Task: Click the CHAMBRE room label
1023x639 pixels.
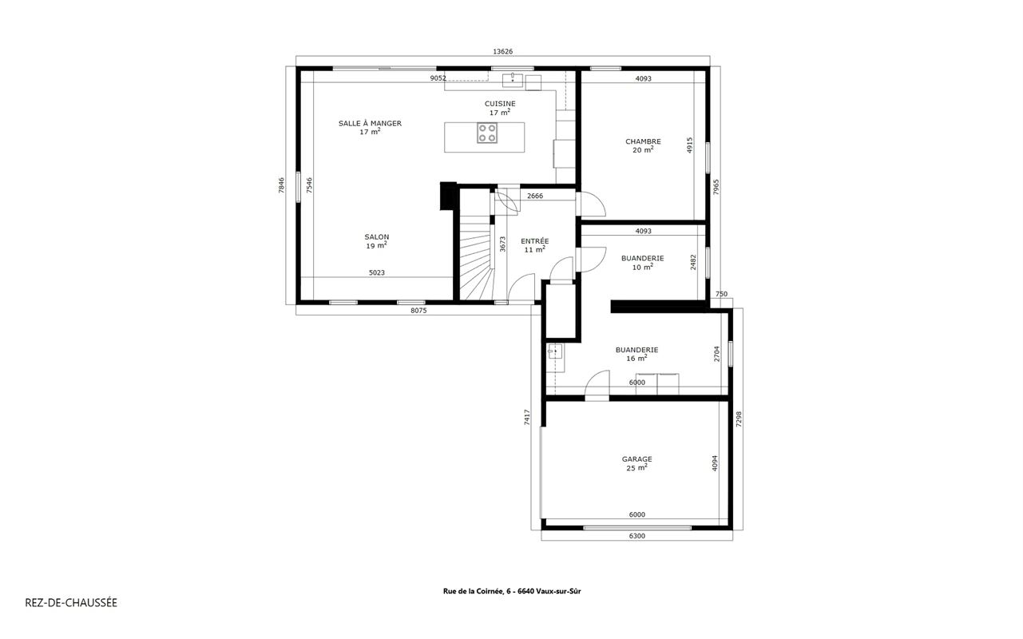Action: (643, 141)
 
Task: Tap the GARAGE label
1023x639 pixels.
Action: (636, 459)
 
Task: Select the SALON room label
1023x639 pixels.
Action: (377, 237)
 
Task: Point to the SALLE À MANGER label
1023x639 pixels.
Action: (370, 123)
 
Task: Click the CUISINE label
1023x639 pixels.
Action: (500, 104)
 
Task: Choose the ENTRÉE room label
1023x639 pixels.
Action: (535, 240)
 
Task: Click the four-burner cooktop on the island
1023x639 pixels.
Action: (487, 133)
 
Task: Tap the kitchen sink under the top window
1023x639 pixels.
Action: (513, 80)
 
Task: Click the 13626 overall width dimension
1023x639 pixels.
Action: (502, 52)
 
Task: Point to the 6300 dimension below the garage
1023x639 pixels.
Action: (637, 536)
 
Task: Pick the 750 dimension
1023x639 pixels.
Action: (721, 294)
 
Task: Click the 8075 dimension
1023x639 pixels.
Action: (418, 311)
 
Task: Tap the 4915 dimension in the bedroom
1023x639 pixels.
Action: (690, 145)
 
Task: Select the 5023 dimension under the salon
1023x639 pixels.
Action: (377, 272)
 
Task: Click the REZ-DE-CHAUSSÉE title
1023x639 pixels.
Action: (71, 603)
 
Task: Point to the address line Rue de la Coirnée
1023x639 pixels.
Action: (511, 591)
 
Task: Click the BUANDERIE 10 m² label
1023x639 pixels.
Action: (643, 263)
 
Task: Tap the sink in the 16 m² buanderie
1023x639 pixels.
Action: (555, 351)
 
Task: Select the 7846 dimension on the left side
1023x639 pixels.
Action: (281, 185)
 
